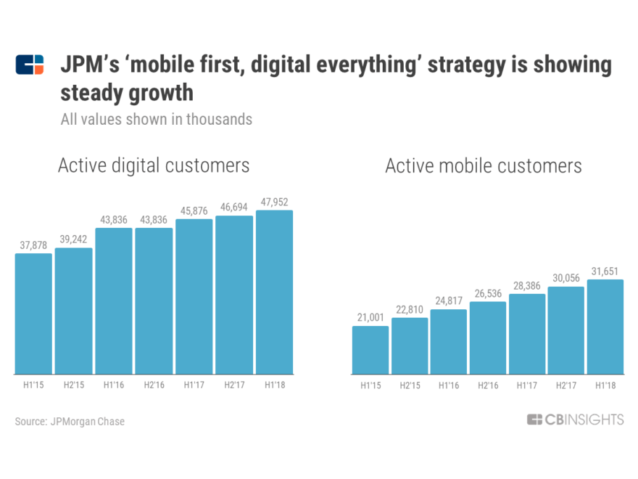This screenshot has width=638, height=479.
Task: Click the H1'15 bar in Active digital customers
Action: (33, 314)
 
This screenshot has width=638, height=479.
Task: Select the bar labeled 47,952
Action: (274, 292)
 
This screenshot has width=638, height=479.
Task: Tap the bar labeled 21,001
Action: (370, 350)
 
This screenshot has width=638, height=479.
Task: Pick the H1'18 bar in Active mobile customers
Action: (605, 327)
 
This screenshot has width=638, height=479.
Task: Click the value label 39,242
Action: (73, 239)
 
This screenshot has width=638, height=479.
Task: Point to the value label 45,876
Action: (194, 210)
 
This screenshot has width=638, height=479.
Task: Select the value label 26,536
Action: (488, 292)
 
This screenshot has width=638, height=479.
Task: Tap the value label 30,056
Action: (566, 277)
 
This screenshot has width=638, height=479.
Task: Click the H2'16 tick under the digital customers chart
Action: (154, 385)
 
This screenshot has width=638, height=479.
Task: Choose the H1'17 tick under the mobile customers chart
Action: (527, 385)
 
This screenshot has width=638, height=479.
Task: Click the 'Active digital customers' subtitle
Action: (154, 165)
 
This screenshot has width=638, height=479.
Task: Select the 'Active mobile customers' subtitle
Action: (483, 166)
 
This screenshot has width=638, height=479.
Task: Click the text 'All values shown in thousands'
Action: (157, 119)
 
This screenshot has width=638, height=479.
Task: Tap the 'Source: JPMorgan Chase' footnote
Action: (70, 421)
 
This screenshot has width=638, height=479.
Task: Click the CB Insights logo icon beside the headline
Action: (30, 65)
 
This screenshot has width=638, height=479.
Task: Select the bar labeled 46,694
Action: (234, 295)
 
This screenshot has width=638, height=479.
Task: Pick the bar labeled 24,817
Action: (449, 342)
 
